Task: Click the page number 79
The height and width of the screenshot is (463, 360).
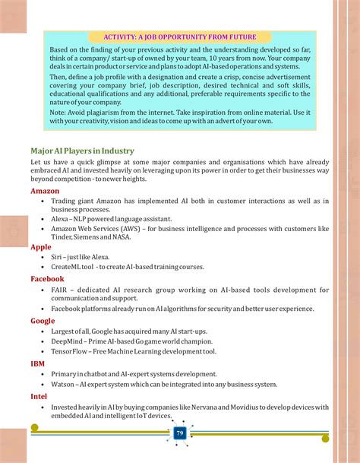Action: point(180,433)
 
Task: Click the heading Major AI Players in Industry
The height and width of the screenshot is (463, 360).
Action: point(82,151)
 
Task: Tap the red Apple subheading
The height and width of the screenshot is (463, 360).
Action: point(41,247)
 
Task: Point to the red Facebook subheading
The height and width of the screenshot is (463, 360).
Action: point(47,279)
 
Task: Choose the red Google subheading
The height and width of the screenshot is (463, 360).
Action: point(43,321)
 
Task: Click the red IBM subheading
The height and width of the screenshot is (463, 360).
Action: point(37,363)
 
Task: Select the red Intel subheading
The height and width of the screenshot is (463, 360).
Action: point(39,395)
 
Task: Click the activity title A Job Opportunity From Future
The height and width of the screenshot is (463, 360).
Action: point(180,36)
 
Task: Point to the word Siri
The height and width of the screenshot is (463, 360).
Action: point(58,258)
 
